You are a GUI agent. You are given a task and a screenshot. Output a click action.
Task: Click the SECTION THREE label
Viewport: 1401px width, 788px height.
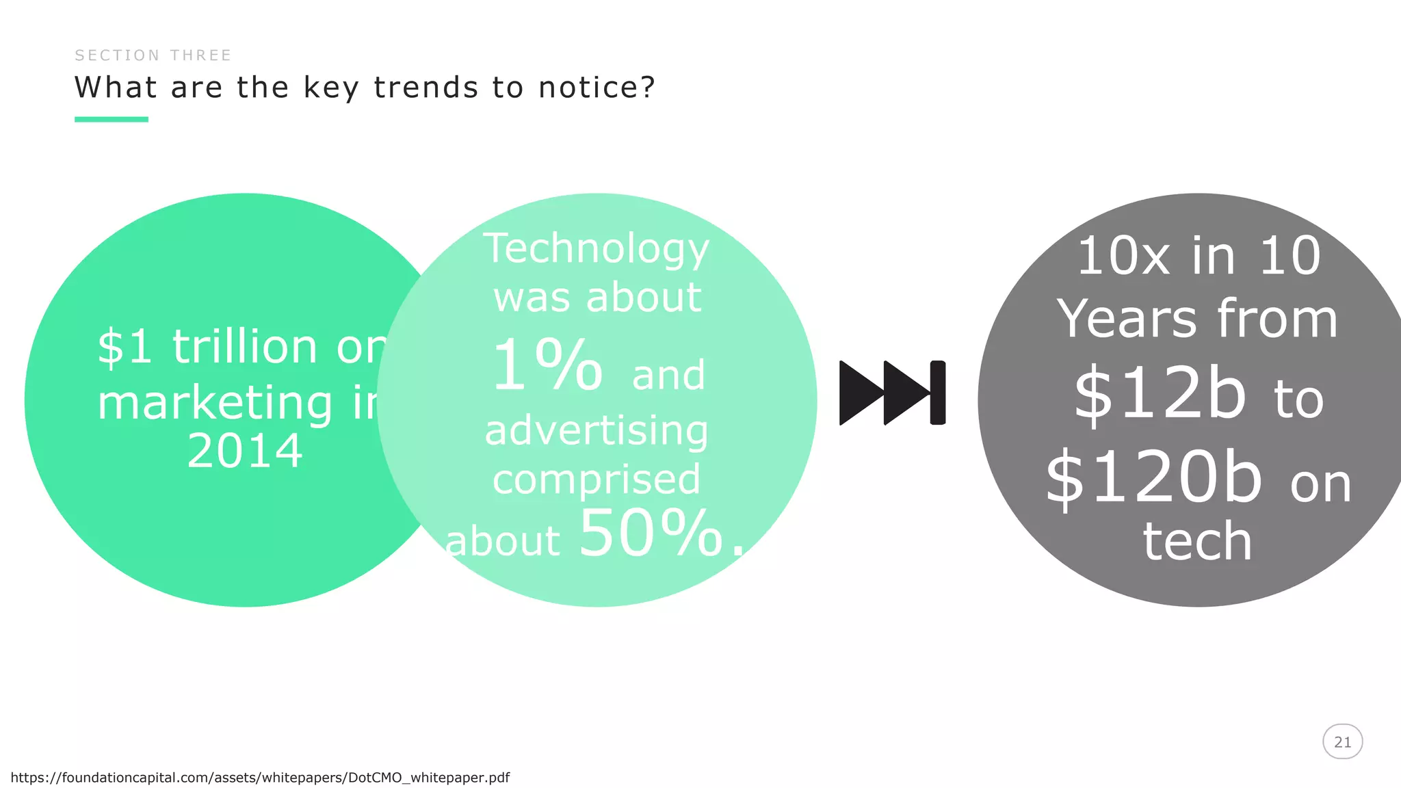(x=153, y=55)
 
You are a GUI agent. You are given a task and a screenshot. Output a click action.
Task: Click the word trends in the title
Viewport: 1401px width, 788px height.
(x=425, y=88)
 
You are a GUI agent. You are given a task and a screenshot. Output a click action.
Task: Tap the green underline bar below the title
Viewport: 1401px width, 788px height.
(x=112, y=120)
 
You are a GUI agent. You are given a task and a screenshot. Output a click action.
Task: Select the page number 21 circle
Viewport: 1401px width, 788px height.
(x=1342, y=742)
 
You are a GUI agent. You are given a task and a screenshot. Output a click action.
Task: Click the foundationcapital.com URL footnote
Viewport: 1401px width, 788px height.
(x=260, y=778)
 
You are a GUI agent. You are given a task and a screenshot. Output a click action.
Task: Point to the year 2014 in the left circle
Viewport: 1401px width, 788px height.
(x=245, y=451)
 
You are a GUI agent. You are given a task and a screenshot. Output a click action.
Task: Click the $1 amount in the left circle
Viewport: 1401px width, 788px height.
(x=125, y=347)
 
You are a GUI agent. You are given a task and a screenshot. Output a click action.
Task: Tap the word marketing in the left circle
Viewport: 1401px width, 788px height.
(x=215, y=403)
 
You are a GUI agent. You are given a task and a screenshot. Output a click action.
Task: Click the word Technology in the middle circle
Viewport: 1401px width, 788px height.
(x=596, y=250)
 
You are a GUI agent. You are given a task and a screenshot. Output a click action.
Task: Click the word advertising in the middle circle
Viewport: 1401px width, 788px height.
(x=596, y=431)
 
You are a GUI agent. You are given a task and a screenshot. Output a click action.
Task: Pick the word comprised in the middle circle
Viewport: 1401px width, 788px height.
(x=596, y=480)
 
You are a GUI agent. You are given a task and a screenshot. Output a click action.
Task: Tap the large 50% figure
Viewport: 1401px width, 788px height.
(x=651, y=534)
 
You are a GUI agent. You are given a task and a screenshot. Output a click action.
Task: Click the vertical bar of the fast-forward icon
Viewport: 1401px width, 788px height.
(x=938, y=393)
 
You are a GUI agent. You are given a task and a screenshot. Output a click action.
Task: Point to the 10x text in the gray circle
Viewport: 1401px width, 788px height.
(x=1122, y=257)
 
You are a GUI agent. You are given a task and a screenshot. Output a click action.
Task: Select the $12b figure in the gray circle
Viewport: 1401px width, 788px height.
(x=1160, y=394)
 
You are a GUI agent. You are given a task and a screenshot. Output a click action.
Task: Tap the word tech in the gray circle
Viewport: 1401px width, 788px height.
(x=1197, y=542)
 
